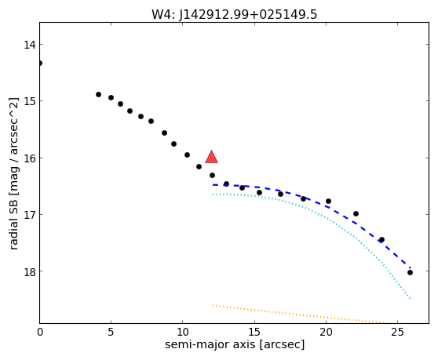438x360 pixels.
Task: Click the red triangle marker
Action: point(211,157)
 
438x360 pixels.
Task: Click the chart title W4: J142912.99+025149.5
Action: point(235,15)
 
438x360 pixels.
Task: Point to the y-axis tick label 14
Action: point(30,45)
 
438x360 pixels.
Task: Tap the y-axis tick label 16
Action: point(30,158)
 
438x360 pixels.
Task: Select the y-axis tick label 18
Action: point(30,271)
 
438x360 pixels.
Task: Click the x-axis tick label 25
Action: point(397,332)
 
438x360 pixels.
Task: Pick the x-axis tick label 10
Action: point(182,332)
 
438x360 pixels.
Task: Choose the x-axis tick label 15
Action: point(254,332)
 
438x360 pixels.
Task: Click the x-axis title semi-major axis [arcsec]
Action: point(235,344)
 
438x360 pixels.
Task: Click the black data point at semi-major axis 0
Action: point(40,63)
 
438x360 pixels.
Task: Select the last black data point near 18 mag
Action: point(410,272)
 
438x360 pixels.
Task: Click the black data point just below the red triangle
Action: point(212,175)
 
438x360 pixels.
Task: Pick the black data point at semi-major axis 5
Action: point(111,97)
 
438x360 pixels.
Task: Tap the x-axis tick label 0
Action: point(40,332)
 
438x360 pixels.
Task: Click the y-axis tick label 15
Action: point(30,101)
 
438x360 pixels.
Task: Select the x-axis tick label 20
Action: point(326,332)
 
